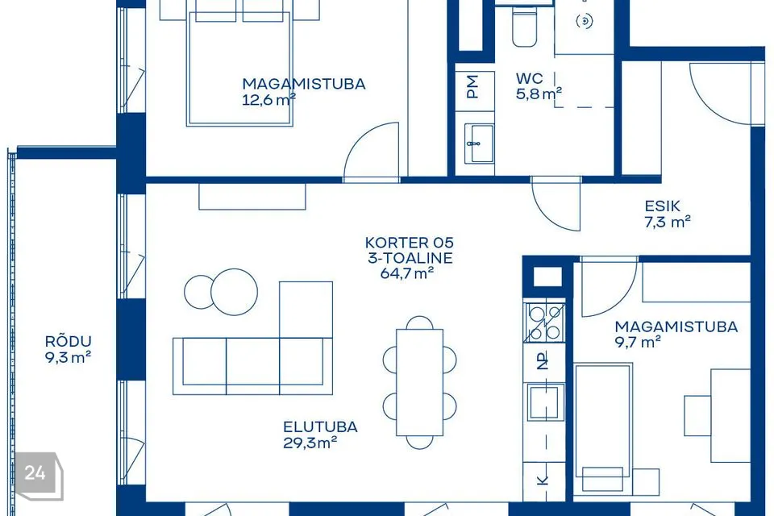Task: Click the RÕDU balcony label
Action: pos(68,341)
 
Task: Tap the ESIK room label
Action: pos(663,206)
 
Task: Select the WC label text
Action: pos(529,78)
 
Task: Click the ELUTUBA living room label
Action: pos(320,427)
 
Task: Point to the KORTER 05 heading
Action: pos(410,243)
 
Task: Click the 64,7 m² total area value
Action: pos(406,273)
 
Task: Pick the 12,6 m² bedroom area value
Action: pos(269,99)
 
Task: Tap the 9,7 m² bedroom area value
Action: pos(638,342)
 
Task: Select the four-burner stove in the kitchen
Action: pos(544,322)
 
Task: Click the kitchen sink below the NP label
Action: pos(545,402)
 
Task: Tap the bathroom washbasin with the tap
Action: pos(479,144)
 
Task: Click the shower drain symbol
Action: pos(584,21)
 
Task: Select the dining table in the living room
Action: pos(419,382)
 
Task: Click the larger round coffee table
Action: pos(234,292)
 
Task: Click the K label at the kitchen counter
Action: pos(543,480)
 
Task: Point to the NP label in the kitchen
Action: pos(543,362)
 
